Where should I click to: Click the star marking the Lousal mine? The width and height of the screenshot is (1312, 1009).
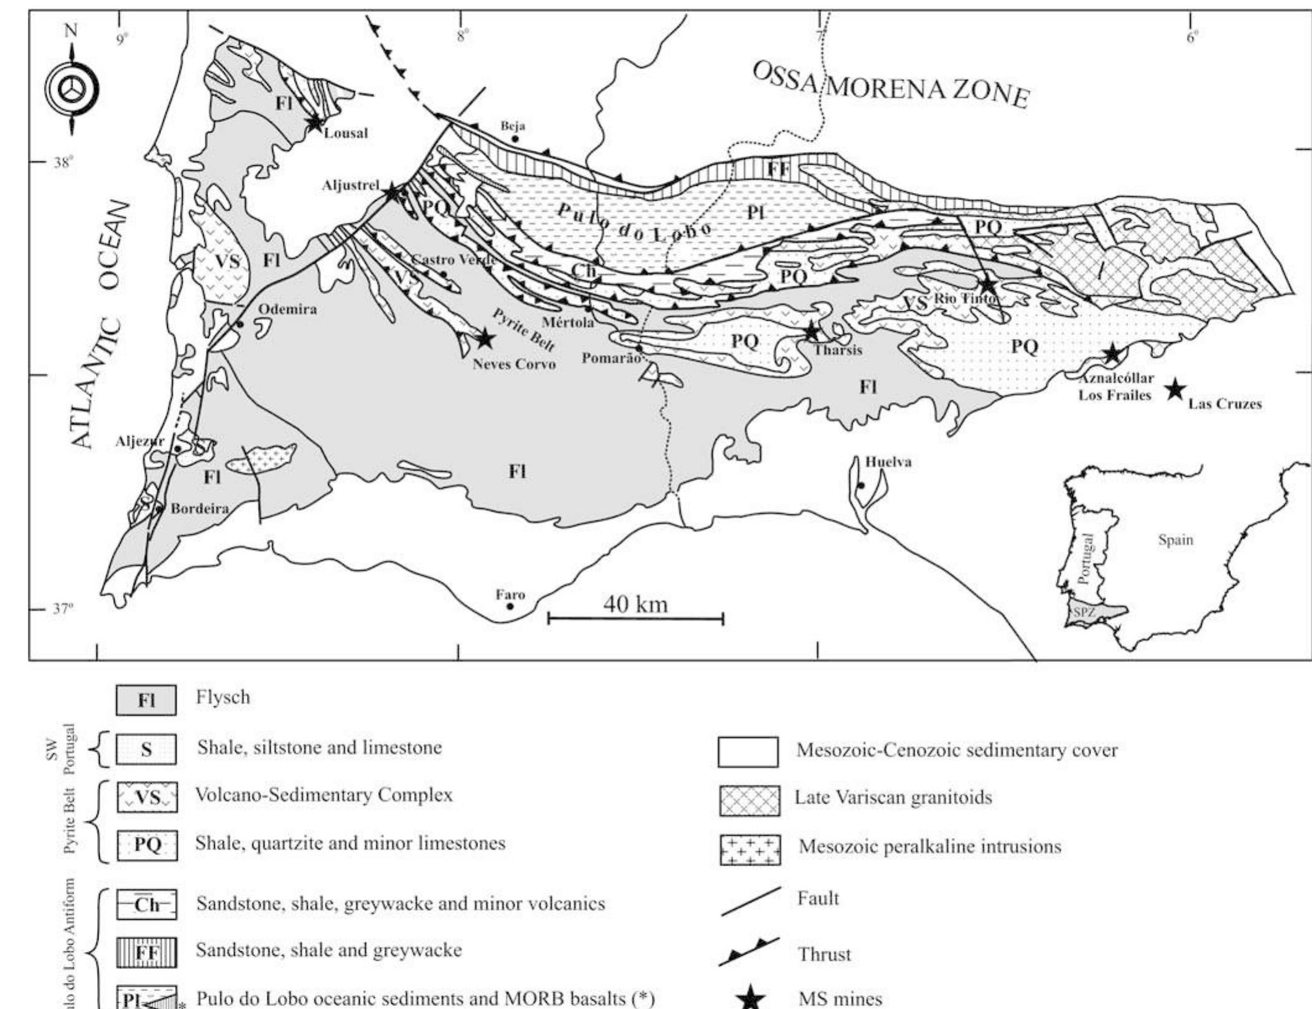click(x=315, y=122)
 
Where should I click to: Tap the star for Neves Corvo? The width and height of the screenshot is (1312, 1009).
click(x=485, y=338)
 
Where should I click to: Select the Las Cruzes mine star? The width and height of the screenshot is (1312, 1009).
click(x=1175, y=390)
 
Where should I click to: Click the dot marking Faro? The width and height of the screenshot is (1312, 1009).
click(x=510, y=606)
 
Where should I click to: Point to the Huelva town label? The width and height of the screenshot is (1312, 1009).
click(x=888, y=462)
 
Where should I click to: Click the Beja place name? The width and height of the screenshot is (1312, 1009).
click(x=513, y=126)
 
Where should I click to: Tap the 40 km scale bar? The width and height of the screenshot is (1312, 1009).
click(x=636, y=617)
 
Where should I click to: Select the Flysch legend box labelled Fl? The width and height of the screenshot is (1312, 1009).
click(x=146, y=700)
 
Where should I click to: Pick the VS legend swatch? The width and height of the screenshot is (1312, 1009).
click(x=147, y=797)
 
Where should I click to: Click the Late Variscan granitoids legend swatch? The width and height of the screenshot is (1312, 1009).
click(x=749, y=801)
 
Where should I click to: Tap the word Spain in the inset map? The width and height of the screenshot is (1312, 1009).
click(x=1175, y=540)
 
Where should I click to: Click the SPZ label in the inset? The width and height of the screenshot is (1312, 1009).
click(x=1084, y=612)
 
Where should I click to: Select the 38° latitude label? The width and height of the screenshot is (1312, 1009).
click(x=63, y=163)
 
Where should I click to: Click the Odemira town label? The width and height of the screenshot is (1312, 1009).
click(x=288, y=309)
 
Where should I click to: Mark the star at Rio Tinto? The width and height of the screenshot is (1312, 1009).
click(x=988, y=285)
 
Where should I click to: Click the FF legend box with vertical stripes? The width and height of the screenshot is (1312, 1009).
click(x=147, y=952)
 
